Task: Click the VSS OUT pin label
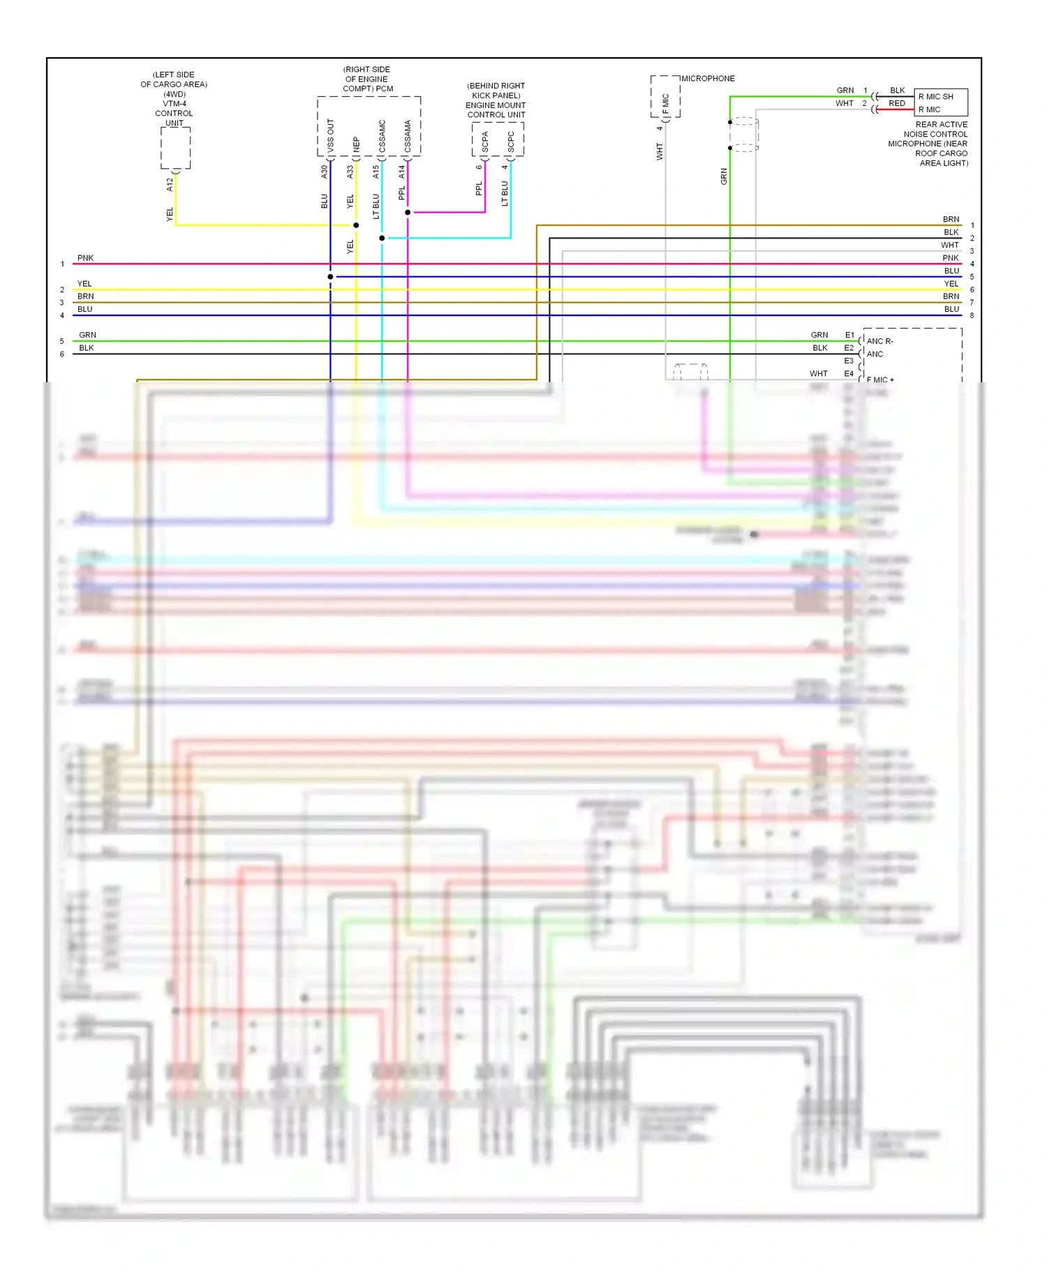(330, 136)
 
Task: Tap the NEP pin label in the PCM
(356, 144)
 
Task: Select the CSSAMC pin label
(382, 136)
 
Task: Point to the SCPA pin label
(485, 142)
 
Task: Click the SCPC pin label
(511, 142)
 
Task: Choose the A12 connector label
(170, 185)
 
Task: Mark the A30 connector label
(324, 172)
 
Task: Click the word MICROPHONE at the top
(708, 79)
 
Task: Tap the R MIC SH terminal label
(935, 97)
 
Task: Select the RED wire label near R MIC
(897, 103)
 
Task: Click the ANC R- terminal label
(879, 341)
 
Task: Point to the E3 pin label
(849, 361)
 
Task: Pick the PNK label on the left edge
(85, 258)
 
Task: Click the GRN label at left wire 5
(87, 335)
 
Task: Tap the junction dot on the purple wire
(408, 212)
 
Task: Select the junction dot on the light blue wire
(382, 238)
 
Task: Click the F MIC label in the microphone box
(666, 104)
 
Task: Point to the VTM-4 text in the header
(174, 103)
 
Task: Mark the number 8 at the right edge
(972, 315)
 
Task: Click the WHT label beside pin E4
(819, 374)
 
